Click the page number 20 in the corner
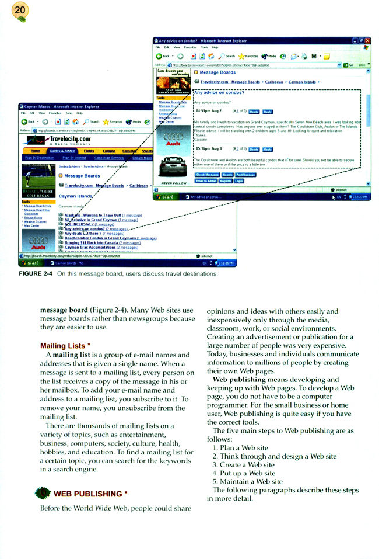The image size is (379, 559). (20, 11)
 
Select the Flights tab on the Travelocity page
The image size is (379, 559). (89, 150)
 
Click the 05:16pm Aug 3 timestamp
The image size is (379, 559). (209, 149)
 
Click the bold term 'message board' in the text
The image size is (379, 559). (63, 310)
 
